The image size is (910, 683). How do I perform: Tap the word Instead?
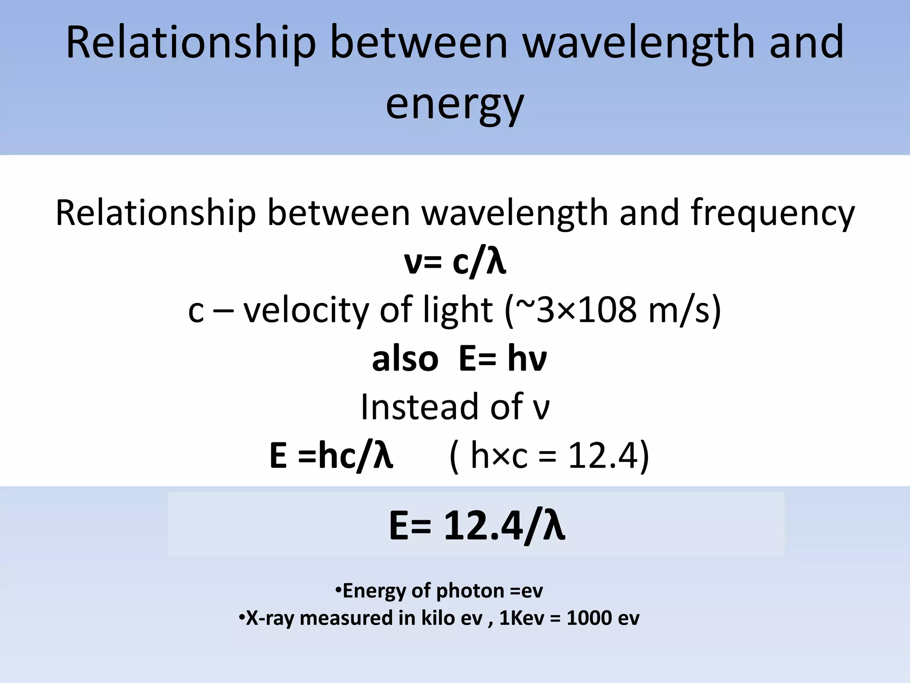click(x=420, y=407)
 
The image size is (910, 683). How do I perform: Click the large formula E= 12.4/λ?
click(x=477, y=526)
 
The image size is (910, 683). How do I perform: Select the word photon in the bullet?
click(x=470, y=591)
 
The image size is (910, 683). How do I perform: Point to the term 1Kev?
click(x=521, y=619)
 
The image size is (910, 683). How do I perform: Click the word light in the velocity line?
click(x=457, y=310)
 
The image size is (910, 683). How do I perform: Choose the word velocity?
click(x=306, y=310)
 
